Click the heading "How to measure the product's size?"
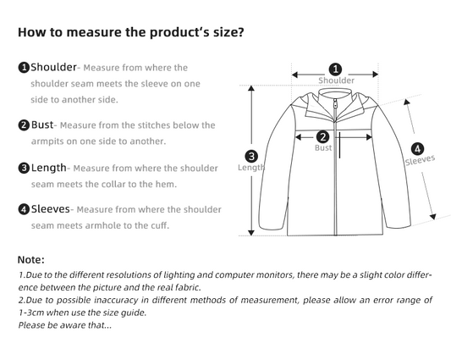(131, 33)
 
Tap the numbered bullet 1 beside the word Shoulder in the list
(24, 68)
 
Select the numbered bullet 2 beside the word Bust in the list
(24, 125)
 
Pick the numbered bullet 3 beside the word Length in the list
(24, 168)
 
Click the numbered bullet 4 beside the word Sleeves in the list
(24, 209)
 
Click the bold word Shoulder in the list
(53, 67)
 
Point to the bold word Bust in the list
(43, 125)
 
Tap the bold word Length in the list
(48, 168)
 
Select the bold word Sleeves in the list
(50, 209)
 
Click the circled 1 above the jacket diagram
(335, 69)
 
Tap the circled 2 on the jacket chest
(322, 136)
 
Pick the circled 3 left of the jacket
(250, 156)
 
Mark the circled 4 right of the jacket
(417, 147)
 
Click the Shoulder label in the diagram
(336, 81)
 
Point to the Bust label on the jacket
(323, 148)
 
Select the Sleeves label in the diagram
(420, 160)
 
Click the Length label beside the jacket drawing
(251, 168)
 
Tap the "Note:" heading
(30, 259)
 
